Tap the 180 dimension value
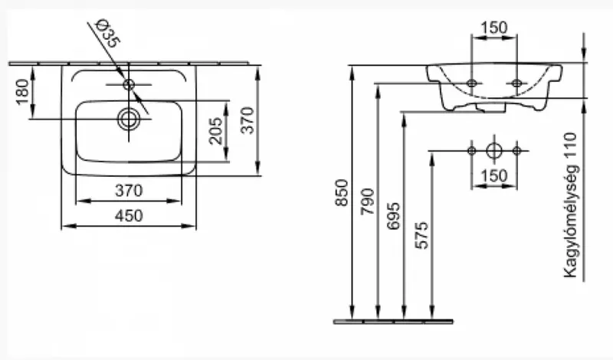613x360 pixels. coord(21,94)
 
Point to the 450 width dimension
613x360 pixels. coord(128,217)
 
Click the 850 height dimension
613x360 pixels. coord(342,195)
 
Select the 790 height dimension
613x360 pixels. coord(369,201)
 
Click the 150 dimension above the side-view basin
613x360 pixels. coord(494,28)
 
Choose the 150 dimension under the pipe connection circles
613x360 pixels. coord(494,177)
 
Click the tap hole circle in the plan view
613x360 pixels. coord(129,82)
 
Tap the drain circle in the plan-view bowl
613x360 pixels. coord(128,118)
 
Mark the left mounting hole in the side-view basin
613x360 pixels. coord(472,82)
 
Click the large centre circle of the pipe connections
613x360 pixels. coord(494,149)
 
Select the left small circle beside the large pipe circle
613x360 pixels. coord(472,149)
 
